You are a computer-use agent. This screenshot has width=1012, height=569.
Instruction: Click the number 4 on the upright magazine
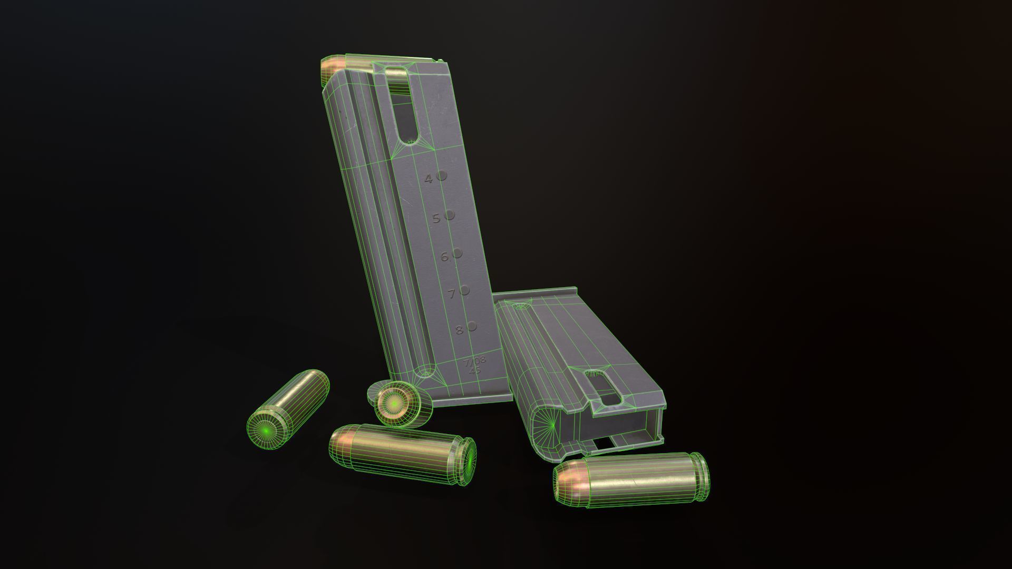click(429, 179)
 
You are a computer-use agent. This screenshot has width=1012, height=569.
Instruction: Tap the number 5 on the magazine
click(436, 218)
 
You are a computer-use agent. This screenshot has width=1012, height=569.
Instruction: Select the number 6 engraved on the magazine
click(444, 257)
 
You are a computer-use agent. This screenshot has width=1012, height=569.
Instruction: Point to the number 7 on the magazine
click(452, 294)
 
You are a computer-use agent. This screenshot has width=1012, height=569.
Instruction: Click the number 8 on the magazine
click(459, 330)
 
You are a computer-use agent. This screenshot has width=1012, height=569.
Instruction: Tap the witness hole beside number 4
click(442, 176)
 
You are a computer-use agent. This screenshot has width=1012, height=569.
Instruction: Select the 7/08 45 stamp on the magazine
click(474, 365)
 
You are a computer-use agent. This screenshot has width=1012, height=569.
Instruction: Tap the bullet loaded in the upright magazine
click(337, 66)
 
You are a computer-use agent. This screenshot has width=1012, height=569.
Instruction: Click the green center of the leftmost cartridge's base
click(267, 431)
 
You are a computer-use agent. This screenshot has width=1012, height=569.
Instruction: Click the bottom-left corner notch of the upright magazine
click(424, 375)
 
